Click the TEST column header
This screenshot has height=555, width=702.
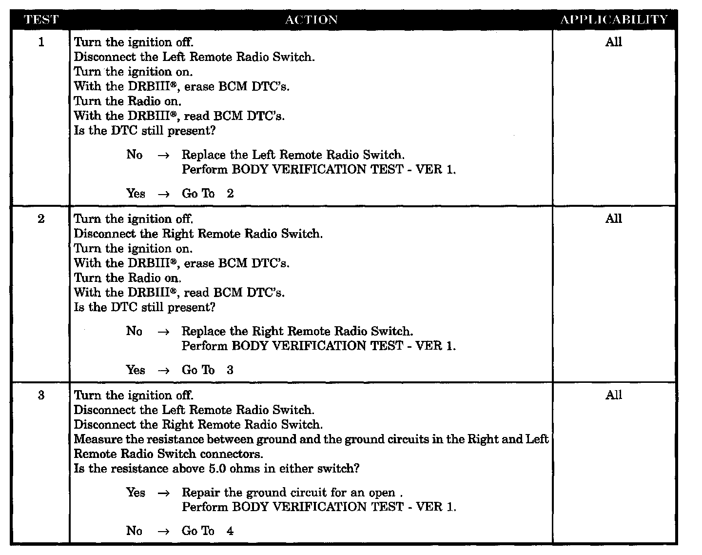click(41, 20)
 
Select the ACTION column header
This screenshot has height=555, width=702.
click(311, 20)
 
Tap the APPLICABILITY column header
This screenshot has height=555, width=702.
click(614, 20)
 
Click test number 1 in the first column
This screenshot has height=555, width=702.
click(41, 42)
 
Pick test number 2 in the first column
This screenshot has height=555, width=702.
click(41, 219)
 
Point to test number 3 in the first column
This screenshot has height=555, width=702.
click(41, 396)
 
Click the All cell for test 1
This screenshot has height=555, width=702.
click(614, 42)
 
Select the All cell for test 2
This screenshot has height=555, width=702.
click(614, 219)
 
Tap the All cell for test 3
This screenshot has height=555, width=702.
click(614, 396)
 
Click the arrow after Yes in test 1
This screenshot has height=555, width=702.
click(164, 194)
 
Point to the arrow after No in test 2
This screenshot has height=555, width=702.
click(164, 332)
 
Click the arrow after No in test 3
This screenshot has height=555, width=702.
click(164, 531)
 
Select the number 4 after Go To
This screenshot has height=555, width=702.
click(230, 531)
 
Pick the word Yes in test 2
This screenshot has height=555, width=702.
click(136, 370)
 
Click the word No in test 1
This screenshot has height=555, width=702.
click(134, 155)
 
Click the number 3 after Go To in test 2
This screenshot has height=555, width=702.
click(230, 370)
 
